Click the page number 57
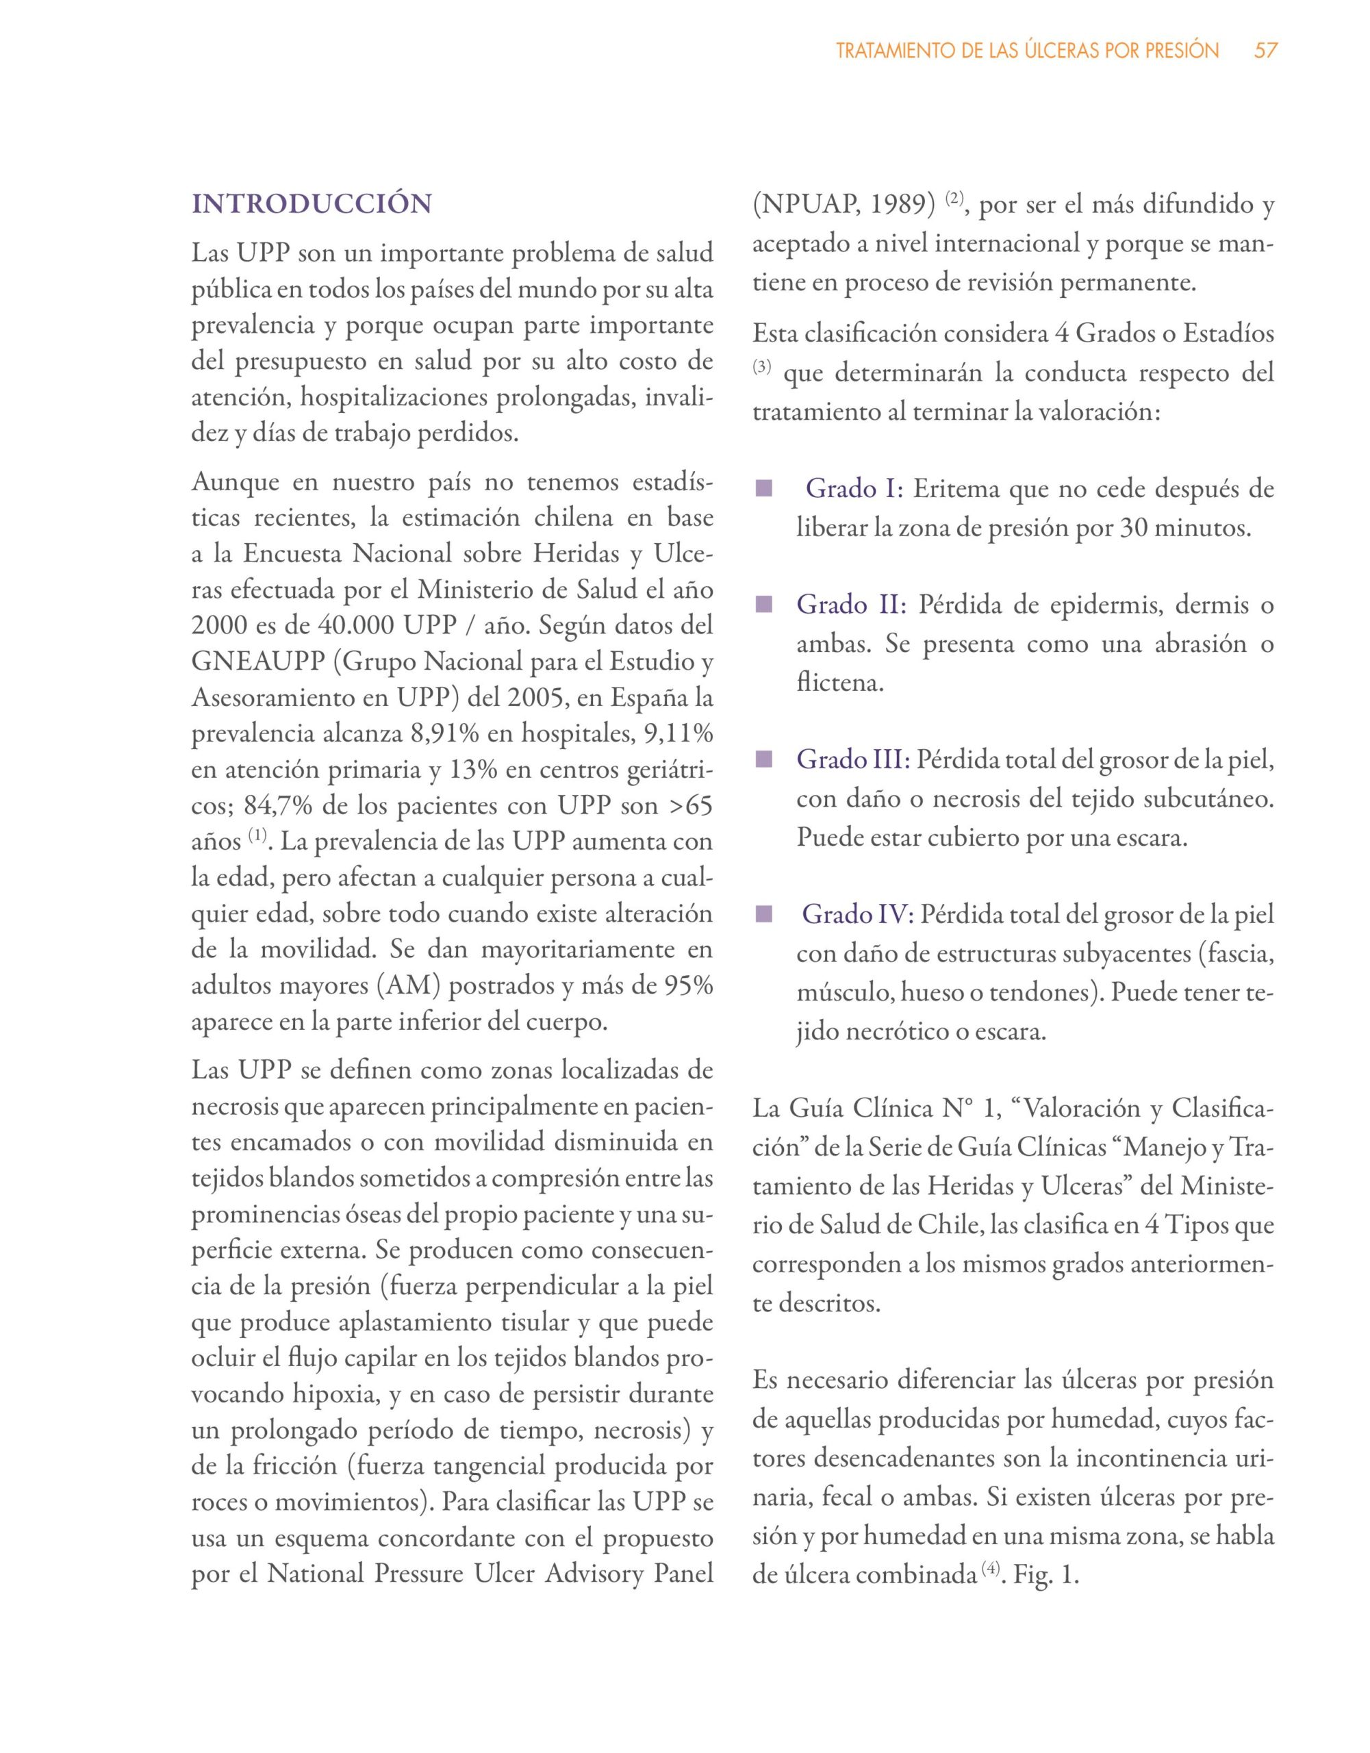(1266, 51)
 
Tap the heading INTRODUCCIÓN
(312, 204)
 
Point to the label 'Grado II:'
(851, 605)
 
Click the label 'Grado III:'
(853, 759)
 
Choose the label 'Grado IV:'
(858, 914)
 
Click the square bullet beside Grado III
(763, 759)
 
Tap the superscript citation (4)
(989, 1570)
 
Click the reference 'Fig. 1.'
(1045, 1575)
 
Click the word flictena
(839, 683)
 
